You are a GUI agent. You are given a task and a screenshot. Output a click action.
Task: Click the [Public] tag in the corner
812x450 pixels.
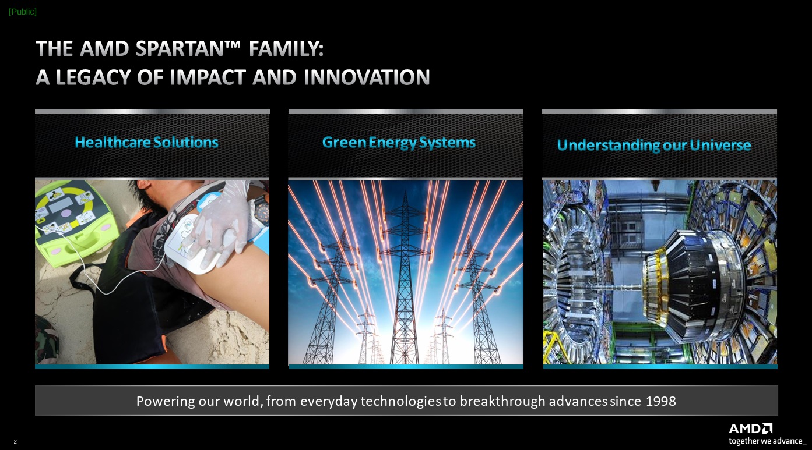[x=23, y=12]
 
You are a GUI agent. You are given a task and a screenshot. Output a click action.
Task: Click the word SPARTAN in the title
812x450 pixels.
[x=182, y=48]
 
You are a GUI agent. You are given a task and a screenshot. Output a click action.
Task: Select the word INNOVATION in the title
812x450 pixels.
[x=367, y=77]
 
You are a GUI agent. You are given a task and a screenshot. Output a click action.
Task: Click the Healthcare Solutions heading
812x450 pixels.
[x=146, y=142]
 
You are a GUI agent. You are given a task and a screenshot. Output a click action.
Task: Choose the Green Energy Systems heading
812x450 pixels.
[x=399, y=143]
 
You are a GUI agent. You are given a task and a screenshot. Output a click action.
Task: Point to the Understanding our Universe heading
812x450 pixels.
[x=654, y=145]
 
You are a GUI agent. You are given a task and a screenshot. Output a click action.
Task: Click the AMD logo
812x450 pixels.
[x=750, y=429]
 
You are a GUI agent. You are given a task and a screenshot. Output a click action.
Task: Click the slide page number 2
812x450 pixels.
[x=15, y=441]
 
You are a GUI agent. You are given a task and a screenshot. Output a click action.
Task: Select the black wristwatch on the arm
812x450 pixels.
[x=261, y=210]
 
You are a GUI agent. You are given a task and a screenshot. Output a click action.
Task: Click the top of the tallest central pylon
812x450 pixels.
[x=405, y=192]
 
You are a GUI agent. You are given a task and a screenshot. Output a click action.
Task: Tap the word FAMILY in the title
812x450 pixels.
[x=286, y=48]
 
